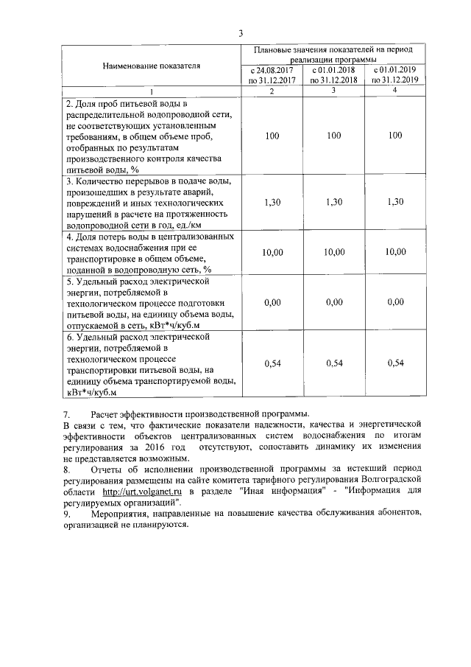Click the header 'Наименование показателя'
click(x=151, y=66)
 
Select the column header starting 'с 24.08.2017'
click(x=272, y=75)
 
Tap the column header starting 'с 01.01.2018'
click(x=333, y=75)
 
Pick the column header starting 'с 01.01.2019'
click(x=395, y=75)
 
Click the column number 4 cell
click(x=395, y=91)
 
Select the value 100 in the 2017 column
click(x=272, y=136)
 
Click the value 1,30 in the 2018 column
click(x=333, y=202)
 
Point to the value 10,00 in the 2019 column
click(x=395, y=252)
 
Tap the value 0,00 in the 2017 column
click(x=272, y=302)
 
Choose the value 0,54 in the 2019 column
click(x=395, y=363)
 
